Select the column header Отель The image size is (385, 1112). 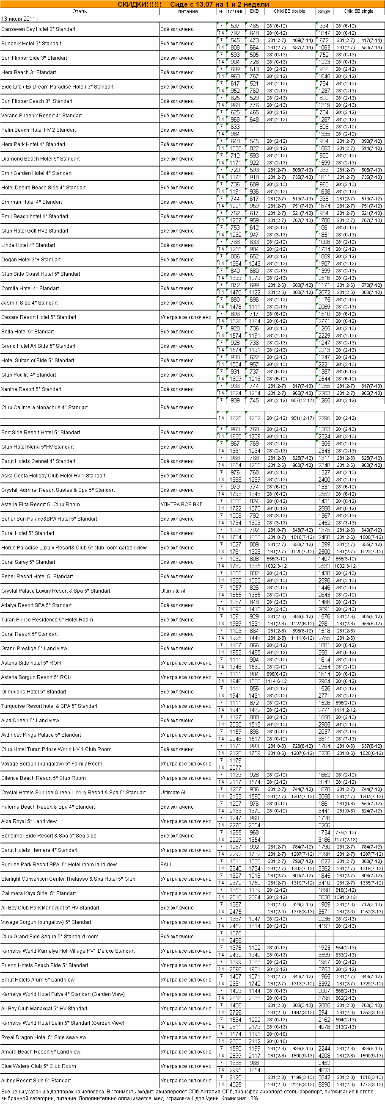click(80, 11)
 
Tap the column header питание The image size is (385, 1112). click(187, 11)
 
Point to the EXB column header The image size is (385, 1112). click(254, 11)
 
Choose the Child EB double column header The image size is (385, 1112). click(289, 11)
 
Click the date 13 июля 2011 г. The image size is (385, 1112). click(21, 19)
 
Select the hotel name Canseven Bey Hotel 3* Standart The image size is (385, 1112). click(38, 29)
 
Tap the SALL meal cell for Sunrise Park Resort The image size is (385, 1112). click(166, 865)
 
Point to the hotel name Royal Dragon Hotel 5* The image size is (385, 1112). click(44, 1037)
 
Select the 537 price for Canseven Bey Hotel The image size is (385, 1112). click(235, 26)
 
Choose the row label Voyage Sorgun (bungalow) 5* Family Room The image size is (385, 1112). click(52, 764)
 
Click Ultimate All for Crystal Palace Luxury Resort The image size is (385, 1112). click(173, 591)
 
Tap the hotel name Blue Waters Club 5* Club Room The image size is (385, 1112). click(38, 1066)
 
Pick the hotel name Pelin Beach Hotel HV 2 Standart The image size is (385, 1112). click(38, 130)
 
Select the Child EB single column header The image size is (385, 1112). click(358, 11)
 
